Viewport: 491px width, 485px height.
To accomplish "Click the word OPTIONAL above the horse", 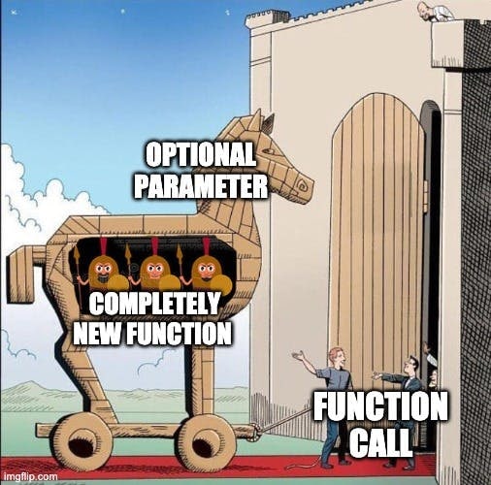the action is (201, 155).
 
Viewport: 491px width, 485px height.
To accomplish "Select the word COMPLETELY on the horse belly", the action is (154, 304).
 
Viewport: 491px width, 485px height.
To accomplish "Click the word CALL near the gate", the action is (380, 442).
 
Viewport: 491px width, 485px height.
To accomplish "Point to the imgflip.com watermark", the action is (29, 476).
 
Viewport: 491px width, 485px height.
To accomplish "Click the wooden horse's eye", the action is (269, 150).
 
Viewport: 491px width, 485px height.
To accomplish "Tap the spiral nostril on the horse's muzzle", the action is (304, 184).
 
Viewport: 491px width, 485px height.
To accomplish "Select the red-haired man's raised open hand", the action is (298, 355).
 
